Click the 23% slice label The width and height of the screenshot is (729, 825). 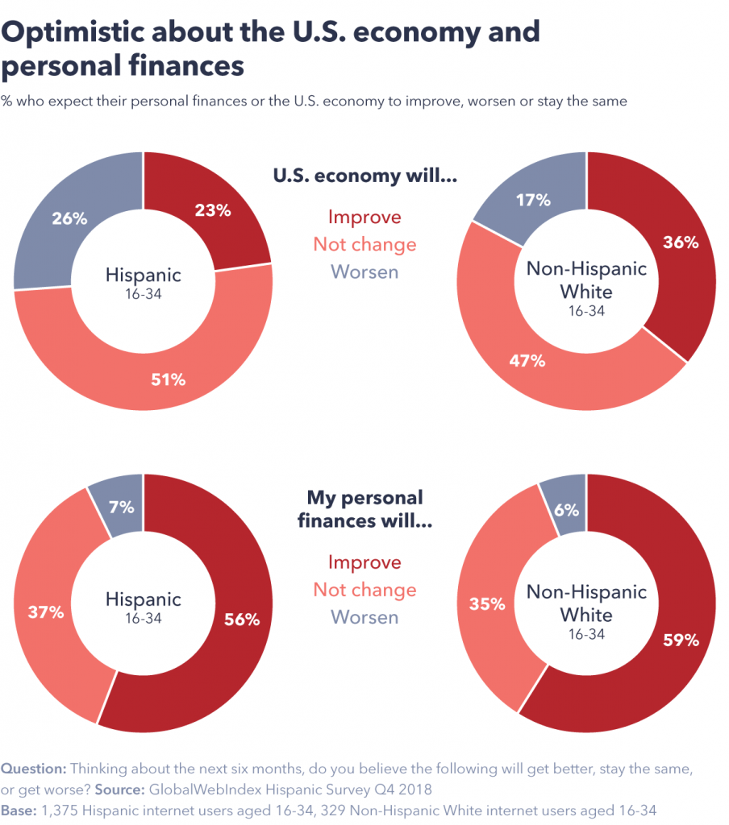[x=213, y=211]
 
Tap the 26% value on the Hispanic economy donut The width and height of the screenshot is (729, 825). [x=69, y=218]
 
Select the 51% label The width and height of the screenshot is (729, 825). [x=168, y=379]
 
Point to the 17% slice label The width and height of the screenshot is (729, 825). [x=533, y=200]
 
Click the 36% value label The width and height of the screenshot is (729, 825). [x=681, y=243]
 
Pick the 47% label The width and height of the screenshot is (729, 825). [x=527, y=360]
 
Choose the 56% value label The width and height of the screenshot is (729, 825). [x=241, y=620]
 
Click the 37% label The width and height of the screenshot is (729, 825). [x=46, y=612]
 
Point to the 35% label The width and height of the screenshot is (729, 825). [x=486, y=603]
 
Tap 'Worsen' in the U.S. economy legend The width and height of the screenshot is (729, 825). [x=364, y=272]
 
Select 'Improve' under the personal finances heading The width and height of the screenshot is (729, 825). [x=364, y=562]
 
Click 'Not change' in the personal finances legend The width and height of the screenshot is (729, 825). [x=364, y=590]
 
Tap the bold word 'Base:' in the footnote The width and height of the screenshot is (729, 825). [x=18, y=809]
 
